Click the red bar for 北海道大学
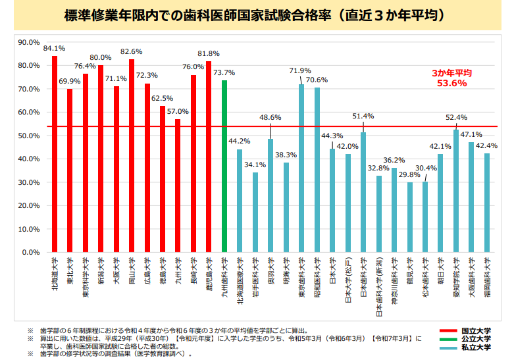coord(55,154)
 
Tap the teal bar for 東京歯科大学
coord(301,168)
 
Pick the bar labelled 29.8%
coord(409,217)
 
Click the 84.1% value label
coord(54,49)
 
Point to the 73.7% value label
coord(224,72)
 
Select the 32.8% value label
coord(378,168)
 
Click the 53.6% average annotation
coord(451,84)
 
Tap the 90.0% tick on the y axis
coord(30,42)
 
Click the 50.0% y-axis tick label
coord(30,136)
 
